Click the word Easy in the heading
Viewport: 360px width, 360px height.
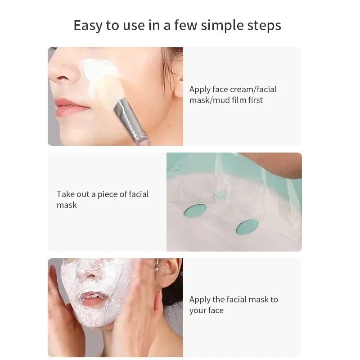(88, 26)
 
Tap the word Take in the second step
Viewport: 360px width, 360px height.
(65, 194)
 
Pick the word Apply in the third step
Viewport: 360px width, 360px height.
(200, 299)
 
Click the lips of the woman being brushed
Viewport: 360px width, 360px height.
(70, 108)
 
